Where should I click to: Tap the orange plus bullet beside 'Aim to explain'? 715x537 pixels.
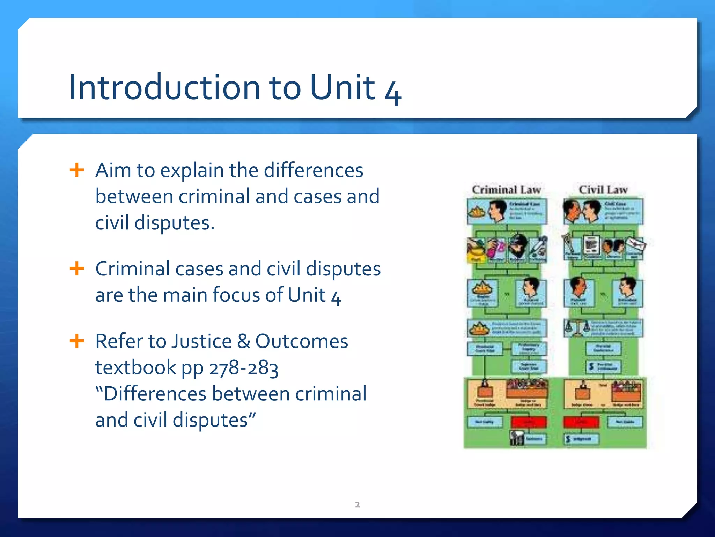pyautogui.click(x=77, y=170)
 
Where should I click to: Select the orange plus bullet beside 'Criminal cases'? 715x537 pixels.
pyautogui.click(x=77, y=269)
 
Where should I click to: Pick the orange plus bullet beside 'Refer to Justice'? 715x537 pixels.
pyautogui.click(x=77, y=341)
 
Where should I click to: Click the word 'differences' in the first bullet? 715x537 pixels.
pyautogui.click(x=313, y=170)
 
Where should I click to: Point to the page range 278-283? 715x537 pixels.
pyautogui.click(x=244, y=368)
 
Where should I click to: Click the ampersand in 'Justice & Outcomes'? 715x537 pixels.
pyautogui.click(x=243, y=341)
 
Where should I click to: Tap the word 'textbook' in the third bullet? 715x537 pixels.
pyautogui.click(x=135, y=368)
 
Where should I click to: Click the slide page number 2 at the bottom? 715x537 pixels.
pyautogui.click(x=357, y=504)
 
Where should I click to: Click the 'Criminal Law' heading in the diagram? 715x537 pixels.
pyautogui.click(x=506, y=189)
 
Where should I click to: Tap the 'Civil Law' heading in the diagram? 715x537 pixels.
pyautogui.click(x=603, y=189)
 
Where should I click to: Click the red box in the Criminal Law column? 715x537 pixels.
pyautogui.click(x=529, y=422)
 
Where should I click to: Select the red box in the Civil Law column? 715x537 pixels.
pyautogui.click(x=581, y=422)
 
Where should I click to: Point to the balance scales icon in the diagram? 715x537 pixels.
pyautogui.click(x=576, y=328)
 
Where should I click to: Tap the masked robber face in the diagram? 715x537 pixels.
pyautogui.click(x=518, y=246)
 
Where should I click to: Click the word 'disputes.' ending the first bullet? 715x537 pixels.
pyautogui.click(x=174, y=223)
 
